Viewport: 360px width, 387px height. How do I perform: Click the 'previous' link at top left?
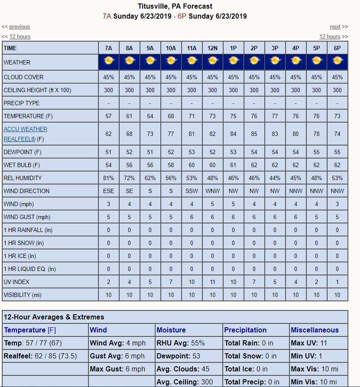[x=19, y=27]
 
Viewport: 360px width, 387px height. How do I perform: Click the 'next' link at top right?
[x=335, y=27]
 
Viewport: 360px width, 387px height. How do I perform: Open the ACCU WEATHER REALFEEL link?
[x=25, y=134]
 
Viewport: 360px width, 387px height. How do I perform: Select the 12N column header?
[x=212, y=48]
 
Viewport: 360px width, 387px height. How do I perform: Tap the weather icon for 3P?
[x=275, y=61]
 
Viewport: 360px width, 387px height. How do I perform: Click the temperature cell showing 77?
[x=275, y=116]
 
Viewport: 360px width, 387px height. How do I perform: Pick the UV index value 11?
[x=212, y=282]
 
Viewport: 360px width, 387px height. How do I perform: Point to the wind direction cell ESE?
[x=108, y=191]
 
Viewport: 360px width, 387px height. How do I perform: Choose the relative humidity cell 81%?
[x=108, y=178]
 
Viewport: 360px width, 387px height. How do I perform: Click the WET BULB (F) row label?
[x=22, y=165]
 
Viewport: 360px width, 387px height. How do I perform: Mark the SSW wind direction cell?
[x=191, y=191]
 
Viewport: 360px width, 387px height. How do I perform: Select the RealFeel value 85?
[x=254, y=134]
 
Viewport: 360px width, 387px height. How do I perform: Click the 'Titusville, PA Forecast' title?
[x=175, y=6]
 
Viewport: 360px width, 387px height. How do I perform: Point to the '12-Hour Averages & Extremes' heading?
[x=54, y=317]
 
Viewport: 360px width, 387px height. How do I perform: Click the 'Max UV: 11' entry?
[x=308, y=343]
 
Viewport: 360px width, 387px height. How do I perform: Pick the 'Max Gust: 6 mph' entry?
[x=117, y=369]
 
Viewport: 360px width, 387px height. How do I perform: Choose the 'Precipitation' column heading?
[x=245, y=330]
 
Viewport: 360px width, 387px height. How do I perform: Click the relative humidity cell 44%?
[x=275, y=178]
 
